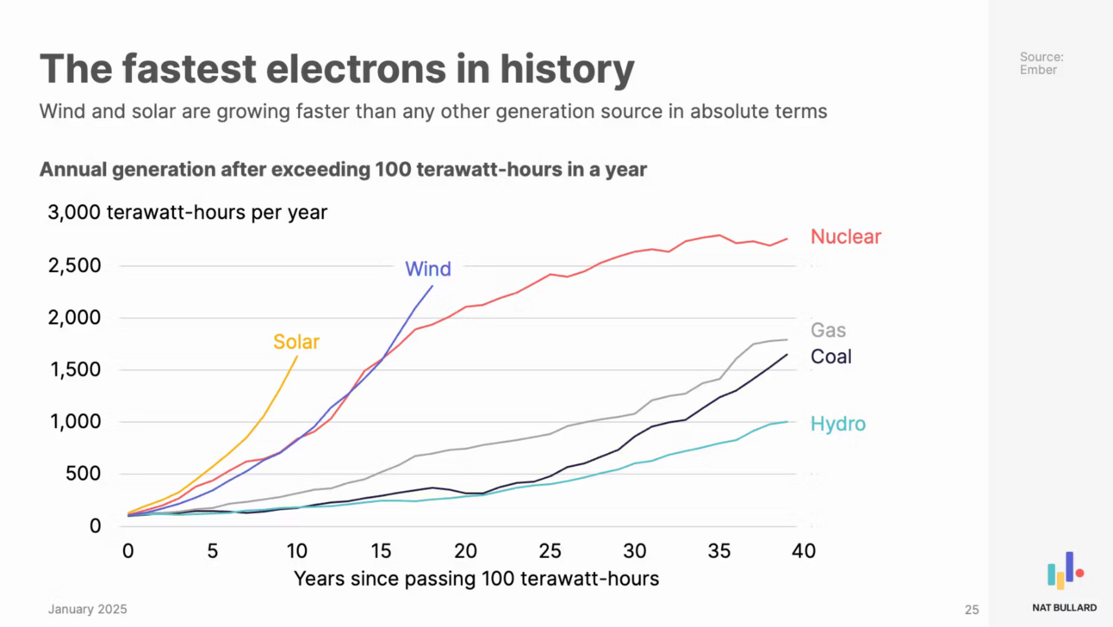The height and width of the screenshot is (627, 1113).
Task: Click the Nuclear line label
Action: (845, 237)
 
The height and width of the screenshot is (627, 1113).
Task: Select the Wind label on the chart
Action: (428, 269)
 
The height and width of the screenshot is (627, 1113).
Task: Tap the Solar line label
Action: (296, 342)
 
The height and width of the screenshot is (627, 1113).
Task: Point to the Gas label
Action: (828, 330)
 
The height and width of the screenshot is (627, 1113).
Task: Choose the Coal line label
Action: (830, 357)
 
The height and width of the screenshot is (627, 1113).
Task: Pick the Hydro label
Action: (837, 424)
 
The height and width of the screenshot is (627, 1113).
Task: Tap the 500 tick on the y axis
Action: (84, 474)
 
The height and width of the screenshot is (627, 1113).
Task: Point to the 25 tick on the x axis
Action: (550, 550)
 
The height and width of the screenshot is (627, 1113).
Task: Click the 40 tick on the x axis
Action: (804, 550)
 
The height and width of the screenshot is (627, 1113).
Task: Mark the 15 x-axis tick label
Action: (382, 550)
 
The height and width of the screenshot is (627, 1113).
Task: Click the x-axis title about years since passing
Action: (476, 578)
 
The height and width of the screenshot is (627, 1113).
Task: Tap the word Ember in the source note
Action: (1038, 70)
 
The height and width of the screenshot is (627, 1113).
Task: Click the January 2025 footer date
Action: (87, 609)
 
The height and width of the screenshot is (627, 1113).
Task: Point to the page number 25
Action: (972, 610)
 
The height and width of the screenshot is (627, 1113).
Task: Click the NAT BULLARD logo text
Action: (1064, 607)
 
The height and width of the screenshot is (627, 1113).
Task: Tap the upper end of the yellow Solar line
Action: (297, 357)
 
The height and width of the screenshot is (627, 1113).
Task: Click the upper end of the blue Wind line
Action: (432, 286)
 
